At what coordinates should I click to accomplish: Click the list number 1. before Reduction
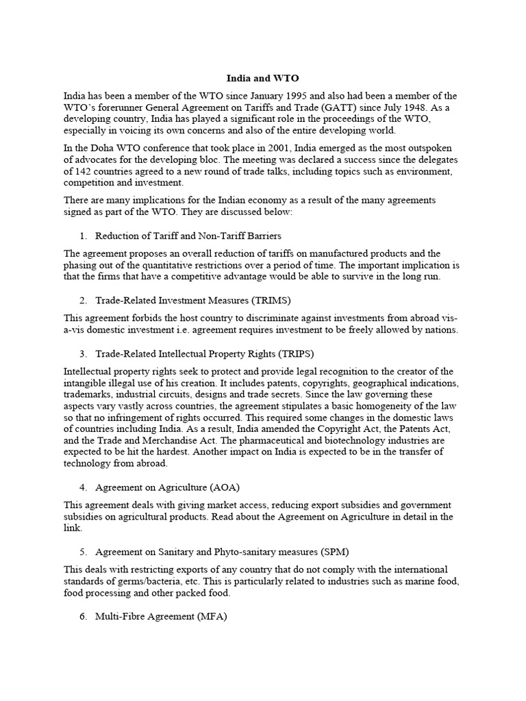pos(83,236)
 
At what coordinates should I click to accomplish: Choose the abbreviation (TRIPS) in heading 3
pos(293,353)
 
